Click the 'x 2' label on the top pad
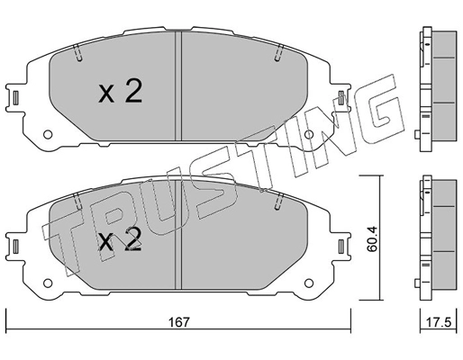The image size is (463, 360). [x=120, y=92]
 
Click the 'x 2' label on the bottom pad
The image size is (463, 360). [x=120, y=241]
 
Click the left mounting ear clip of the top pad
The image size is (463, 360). [x=15, y=96]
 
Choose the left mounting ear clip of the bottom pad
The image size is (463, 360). [x=15, y=245]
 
